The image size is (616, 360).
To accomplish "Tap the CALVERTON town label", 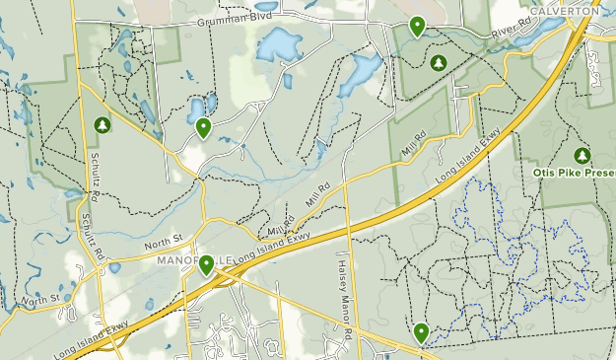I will [x=563, y=11].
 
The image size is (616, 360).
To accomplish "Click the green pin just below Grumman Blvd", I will [x=417, y=26].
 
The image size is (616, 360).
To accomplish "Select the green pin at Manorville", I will [x=207, y=264].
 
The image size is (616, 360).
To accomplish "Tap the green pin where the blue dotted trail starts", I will [x=422, y=333].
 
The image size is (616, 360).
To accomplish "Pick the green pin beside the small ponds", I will [x=203, y=127].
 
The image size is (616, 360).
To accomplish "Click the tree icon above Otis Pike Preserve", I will [x=582, y=155].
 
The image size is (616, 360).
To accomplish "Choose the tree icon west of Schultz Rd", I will [x=102, y=125].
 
